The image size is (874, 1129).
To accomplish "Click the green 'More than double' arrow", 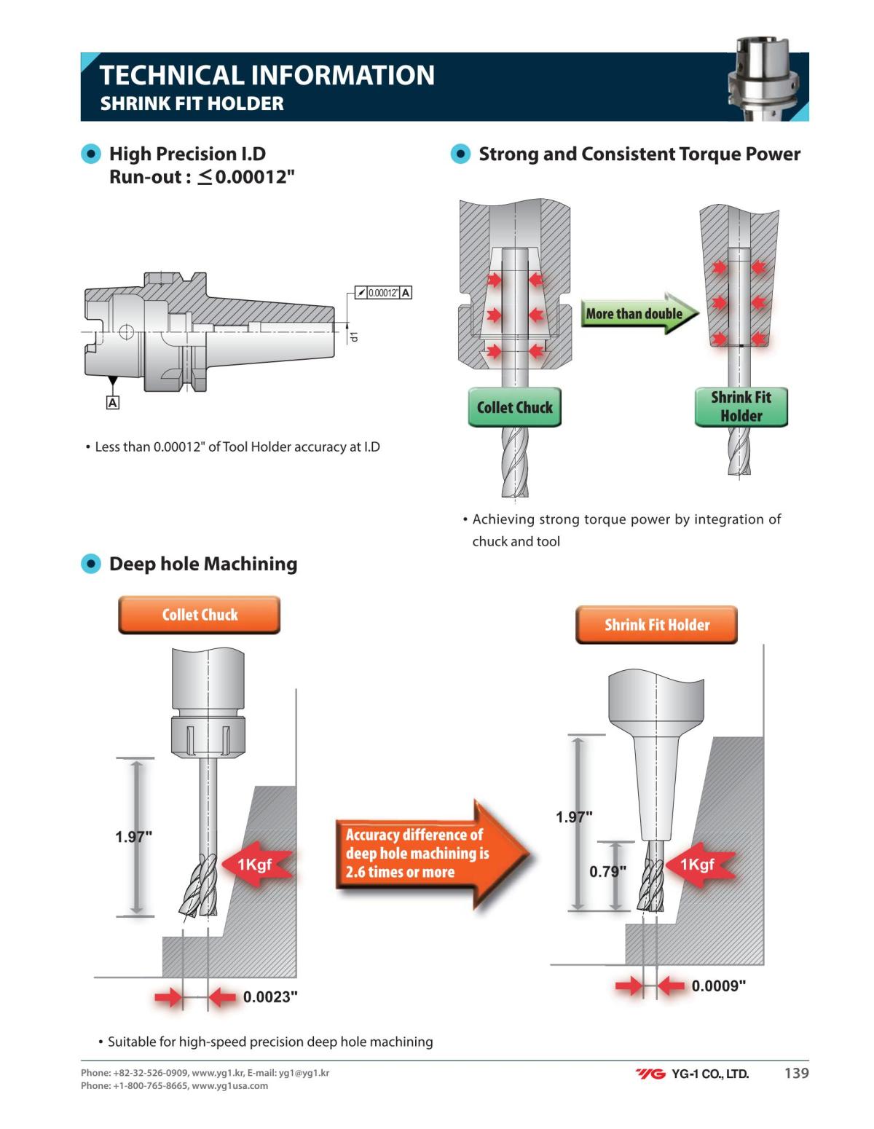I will pos(637,314).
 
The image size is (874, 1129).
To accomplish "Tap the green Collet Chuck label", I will pos(514,407).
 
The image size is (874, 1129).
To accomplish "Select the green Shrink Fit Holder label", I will pos(741,406).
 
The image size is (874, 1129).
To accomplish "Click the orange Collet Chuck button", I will pos(200,615).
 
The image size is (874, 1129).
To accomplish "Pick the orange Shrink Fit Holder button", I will pos(656,625).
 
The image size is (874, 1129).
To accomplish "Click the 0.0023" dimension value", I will pos(270,997).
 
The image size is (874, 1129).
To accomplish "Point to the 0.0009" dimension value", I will pos(718,986).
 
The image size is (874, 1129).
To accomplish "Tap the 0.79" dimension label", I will pos(607,872).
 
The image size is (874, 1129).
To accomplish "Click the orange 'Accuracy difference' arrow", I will pos(430,854).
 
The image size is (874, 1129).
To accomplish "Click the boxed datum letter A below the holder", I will pos(113,402).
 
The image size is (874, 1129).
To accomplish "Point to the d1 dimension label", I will pos(354,337).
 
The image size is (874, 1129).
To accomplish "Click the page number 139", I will pos(796,1073).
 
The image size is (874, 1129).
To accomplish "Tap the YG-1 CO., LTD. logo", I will pos(692,1074).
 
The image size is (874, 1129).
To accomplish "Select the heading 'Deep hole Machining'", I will pos(202,564).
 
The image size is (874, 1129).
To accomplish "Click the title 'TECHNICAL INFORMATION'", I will pos(267,75).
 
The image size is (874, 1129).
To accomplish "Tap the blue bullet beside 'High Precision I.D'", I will pos(91,154).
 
